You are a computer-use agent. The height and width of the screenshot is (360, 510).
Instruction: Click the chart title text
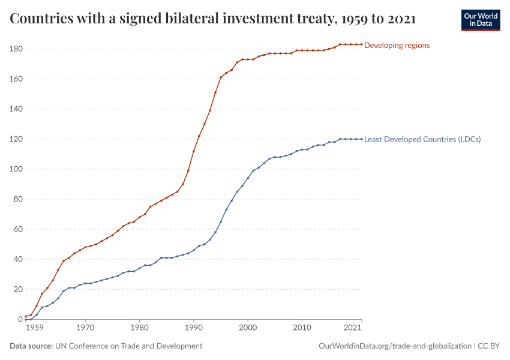click(213, 19)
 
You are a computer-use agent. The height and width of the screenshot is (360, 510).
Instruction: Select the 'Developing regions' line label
click(397, 45)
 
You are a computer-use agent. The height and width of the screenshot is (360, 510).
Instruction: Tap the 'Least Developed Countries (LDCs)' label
click(422, 139)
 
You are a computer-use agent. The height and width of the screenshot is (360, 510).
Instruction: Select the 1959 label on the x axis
click(34, 328)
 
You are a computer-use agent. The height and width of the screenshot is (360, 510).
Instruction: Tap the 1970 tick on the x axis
click(85, 328)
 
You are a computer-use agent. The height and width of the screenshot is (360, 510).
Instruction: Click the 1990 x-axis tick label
click(194, 328)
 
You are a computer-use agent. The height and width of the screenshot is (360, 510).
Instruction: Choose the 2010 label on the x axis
click(302, 328)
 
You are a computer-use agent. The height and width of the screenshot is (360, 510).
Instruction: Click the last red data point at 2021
click(361, 44)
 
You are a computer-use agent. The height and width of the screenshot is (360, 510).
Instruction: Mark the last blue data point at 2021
click(361, 139)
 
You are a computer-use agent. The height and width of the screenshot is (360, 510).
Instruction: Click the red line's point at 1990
click(194, 151)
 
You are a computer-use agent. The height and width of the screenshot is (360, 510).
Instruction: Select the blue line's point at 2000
click(248, 178)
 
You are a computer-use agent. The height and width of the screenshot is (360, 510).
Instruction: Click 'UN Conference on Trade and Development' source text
click(128, 346)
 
